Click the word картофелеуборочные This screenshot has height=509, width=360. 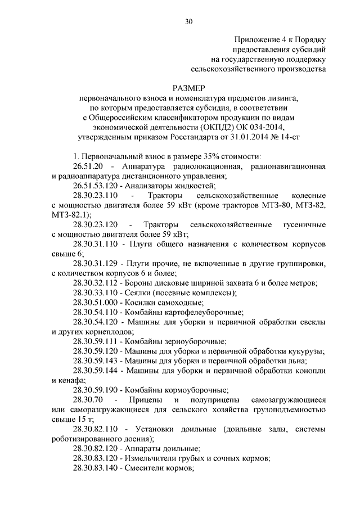pyautogui.click(x=196, y=311)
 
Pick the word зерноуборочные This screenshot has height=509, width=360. pyautogui.click(x=190, y=341)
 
